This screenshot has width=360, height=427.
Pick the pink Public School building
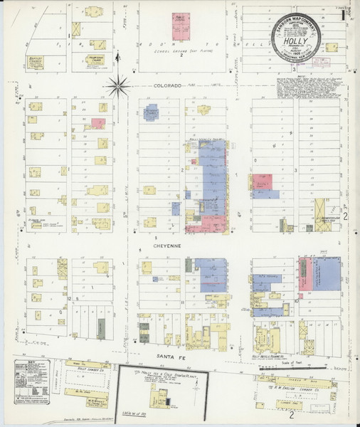coord(181,27)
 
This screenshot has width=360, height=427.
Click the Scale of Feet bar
coord(318,370)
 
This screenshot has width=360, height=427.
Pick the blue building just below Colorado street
coord(151,112)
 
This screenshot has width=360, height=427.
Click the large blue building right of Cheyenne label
coord(211,274)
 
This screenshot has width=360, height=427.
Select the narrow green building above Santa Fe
coord(101,328)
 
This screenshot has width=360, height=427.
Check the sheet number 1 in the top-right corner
coord(343,13)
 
